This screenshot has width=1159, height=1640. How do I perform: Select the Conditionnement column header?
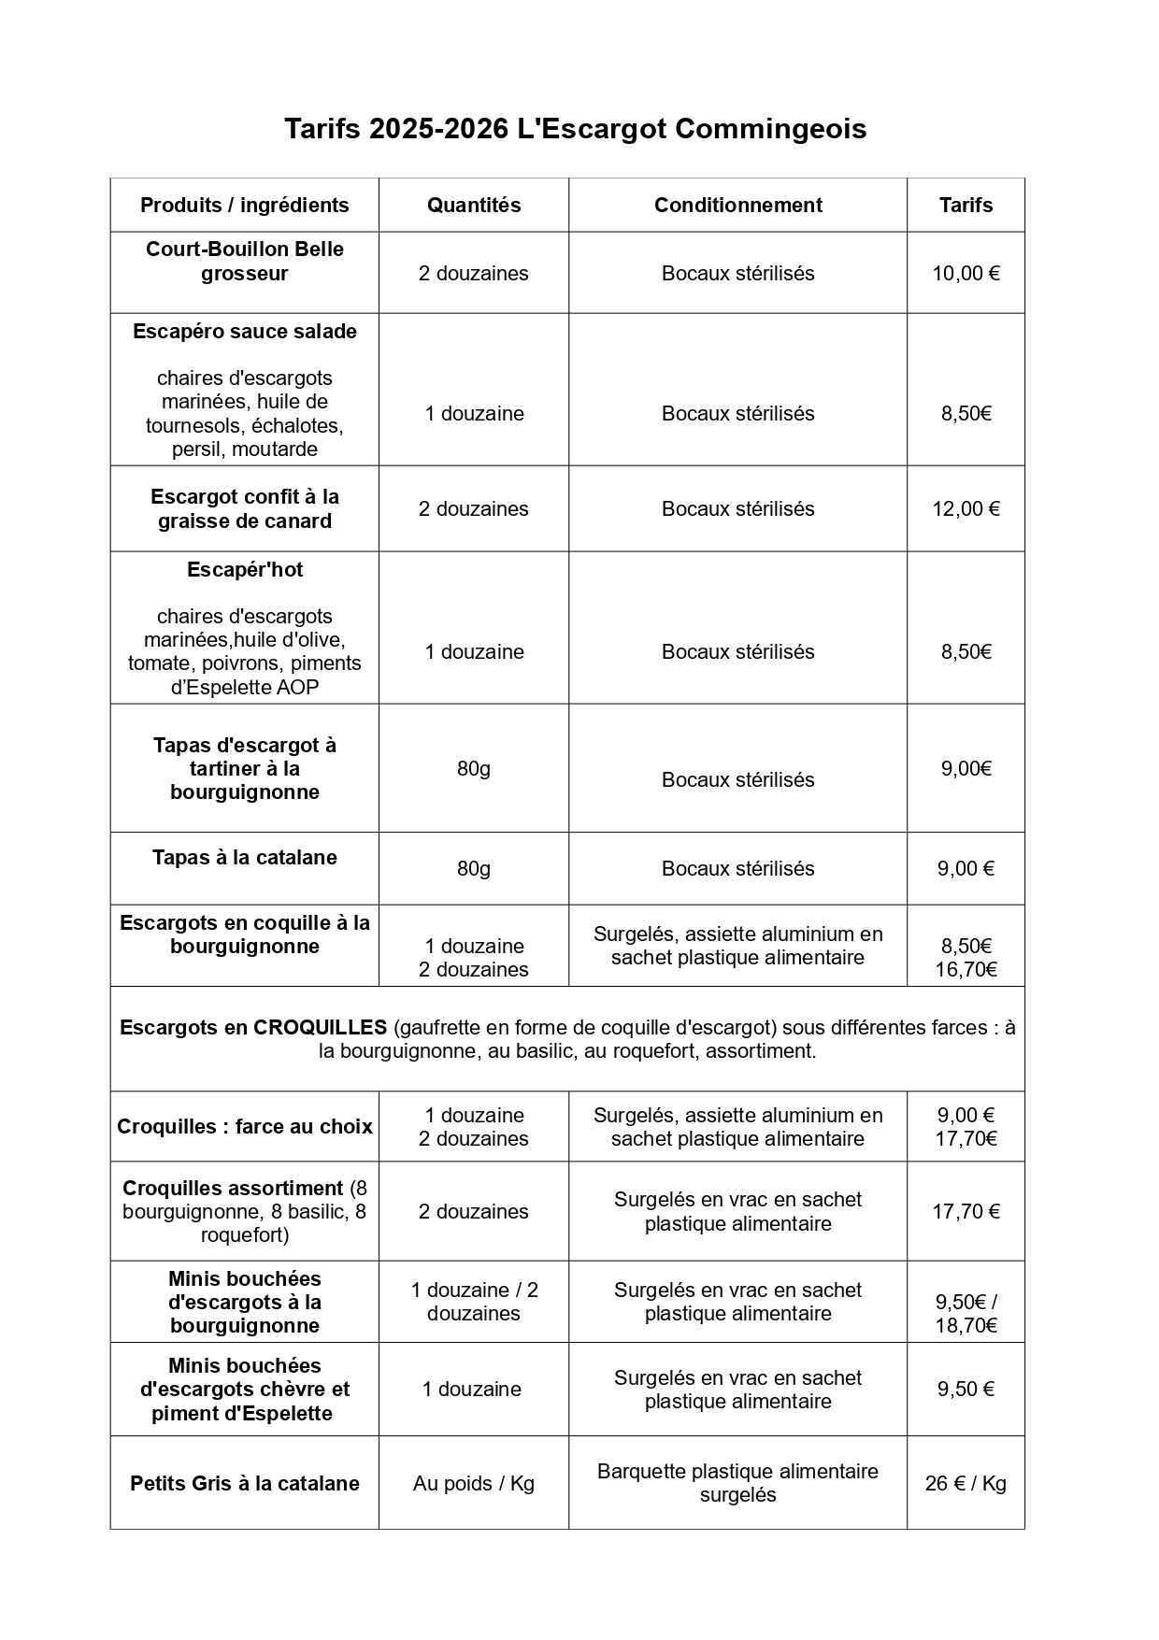737,206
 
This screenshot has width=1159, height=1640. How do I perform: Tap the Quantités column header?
474,206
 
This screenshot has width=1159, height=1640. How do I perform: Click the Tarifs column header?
966,206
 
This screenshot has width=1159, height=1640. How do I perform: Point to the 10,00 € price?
966,274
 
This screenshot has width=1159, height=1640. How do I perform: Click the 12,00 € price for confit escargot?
966,509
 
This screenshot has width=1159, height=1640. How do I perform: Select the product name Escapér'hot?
245,570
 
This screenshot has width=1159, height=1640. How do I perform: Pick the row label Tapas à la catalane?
245,858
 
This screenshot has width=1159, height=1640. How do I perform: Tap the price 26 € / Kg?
966,1484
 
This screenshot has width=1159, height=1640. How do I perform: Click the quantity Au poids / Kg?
474,1484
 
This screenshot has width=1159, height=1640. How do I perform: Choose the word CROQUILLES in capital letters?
320,1028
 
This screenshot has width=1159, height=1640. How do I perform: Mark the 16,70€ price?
966,970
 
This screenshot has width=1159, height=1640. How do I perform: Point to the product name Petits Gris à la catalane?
245,1484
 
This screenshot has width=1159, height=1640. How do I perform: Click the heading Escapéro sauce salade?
245,332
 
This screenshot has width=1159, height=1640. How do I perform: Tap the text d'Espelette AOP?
245,688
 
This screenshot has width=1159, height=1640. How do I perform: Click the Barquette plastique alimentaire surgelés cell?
737,1483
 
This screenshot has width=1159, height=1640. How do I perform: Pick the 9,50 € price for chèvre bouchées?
966,1390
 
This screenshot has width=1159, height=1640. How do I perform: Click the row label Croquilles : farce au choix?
245,1127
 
